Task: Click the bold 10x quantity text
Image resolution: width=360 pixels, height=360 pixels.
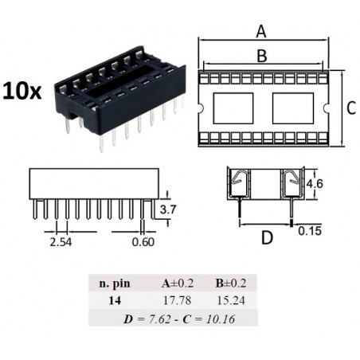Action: click(x=22, y=91)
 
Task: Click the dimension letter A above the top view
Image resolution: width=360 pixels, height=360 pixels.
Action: click(x=261, y=32)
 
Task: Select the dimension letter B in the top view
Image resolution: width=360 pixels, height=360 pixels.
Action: click(x=262, y=56)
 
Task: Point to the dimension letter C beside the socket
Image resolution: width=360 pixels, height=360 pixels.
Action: click(x=351, y=108)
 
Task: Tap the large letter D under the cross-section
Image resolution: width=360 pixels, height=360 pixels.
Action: click(x=267, y=237)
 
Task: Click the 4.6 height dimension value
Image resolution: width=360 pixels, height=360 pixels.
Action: click(x=315, y=183)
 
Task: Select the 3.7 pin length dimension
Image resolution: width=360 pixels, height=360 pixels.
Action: click(x=168, y=209)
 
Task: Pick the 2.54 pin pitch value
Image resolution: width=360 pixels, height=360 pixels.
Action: click(x=61, y=242)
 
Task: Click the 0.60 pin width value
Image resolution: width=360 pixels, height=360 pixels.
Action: click(x=143, y=242)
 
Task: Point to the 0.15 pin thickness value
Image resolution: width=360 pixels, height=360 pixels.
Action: click(x=310, y=231)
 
